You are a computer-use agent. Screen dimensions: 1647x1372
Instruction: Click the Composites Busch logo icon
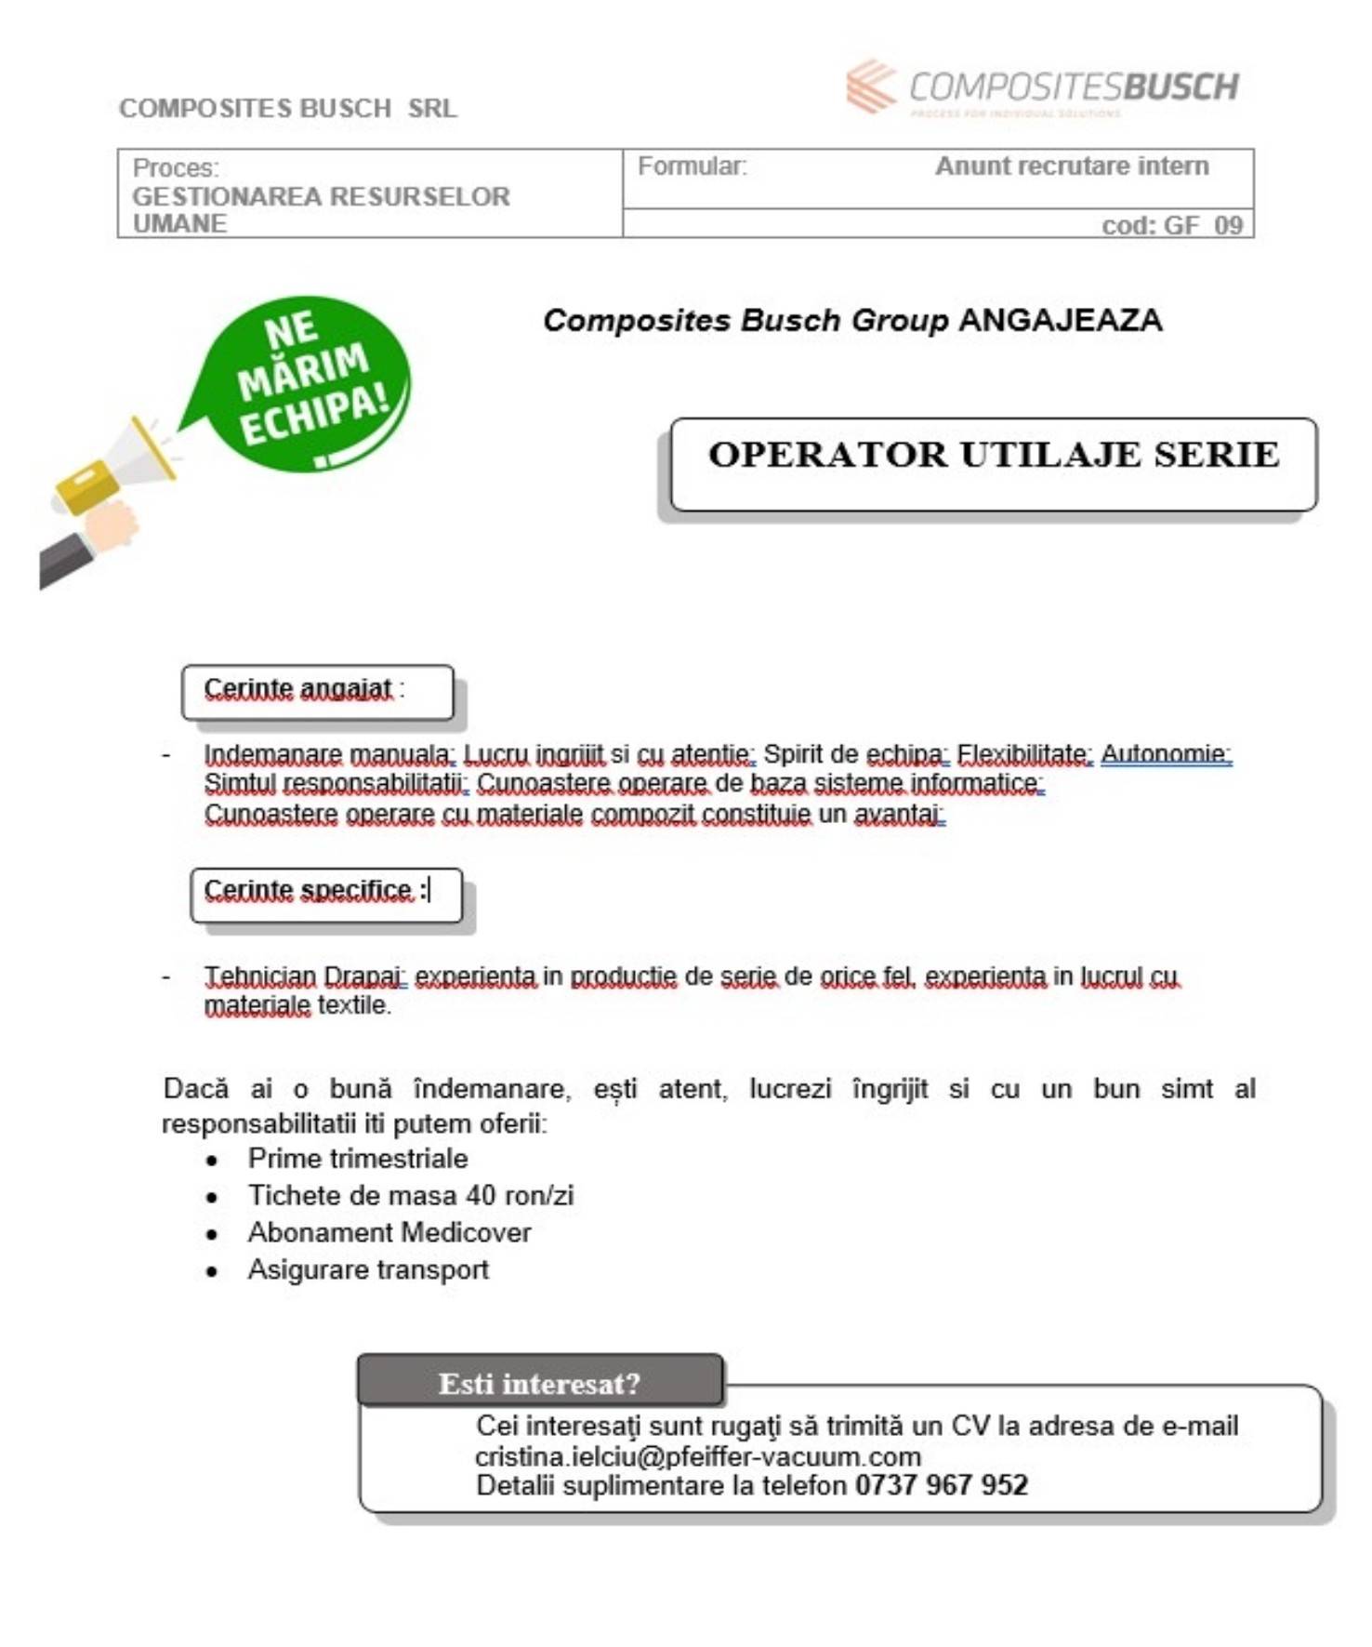pos(871,86)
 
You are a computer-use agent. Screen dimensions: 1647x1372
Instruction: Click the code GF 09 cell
pos(1171,225)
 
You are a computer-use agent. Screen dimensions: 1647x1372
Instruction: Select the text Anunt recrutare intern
pos(1071,166)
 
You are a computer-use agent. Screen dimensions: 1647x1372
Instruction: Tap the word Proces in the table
pos(175,168)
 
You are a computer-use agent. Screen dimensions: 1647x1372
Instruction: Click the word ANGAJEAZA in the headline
pos(1060,320)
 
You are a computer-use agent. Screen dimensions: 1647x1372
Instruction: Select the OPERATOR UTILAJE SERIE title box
pos(993,464)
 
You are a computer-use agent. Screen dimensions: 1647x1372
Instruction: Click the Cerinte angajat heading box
pos(317,691)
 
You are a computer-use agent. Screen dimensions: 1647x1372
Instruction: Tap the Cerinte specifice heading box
pos(325,894)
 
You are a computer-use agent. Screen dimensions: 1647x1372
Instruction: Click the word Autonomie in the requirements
pos(1165,753)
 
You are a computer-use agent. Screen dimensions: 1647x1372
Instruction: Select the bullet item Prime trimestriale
pos(358,1159)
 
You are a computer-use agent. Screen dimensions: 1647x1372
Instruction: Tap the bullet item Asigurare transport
pos(368,1269)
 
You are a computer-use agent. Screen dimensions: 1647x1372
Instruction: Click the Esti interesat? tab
pos(539,1383)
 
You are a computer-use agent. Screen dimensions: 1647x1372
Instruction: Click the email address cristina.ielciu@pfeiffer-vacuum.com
pos(697,1455)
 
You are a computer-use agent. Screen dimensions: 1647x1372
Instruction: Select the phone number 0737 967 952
pos(941,1485)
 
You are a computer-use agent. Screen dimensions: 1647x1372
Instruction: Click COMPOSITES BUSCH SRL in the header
pos(288,109)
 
